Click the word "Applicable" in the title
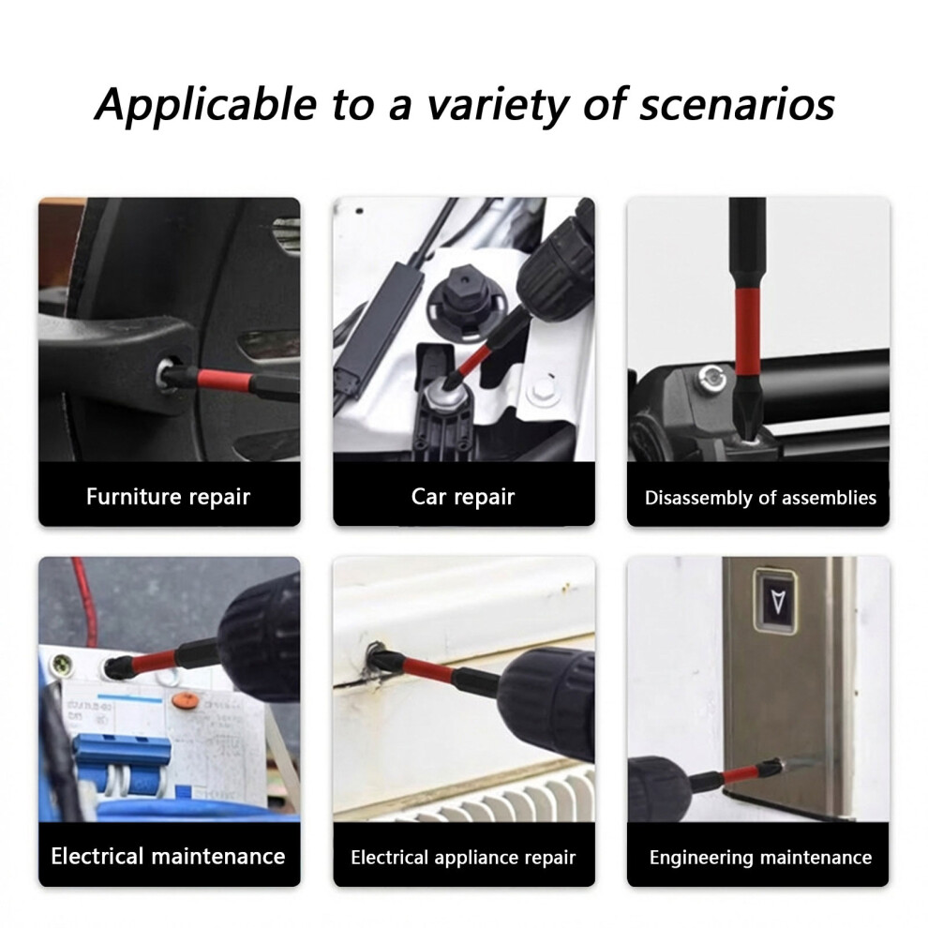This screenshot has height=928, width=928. [206, 104]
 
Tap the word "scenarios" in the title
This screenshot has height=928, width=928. [737, 105]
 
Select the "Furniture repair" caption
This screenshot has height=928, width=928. [168, 497]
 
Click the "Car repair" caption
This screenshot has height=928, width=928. [463, 497]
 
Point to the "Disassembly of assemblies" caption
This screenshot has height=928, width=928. [760, 498]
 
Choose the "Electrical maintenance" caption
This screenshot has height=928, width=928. [168, 857]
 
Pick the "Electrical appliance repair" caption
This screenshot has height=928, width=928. [463, 858]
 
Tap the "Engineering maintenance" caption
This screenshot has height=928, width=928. [760, 858]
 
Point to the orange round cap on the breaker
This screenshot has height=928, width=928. [186, 701]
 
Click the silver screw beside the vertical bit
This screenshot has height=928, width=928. [711, 379]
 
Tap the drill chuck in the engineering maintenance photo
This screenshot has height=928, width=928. [658, 788]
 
